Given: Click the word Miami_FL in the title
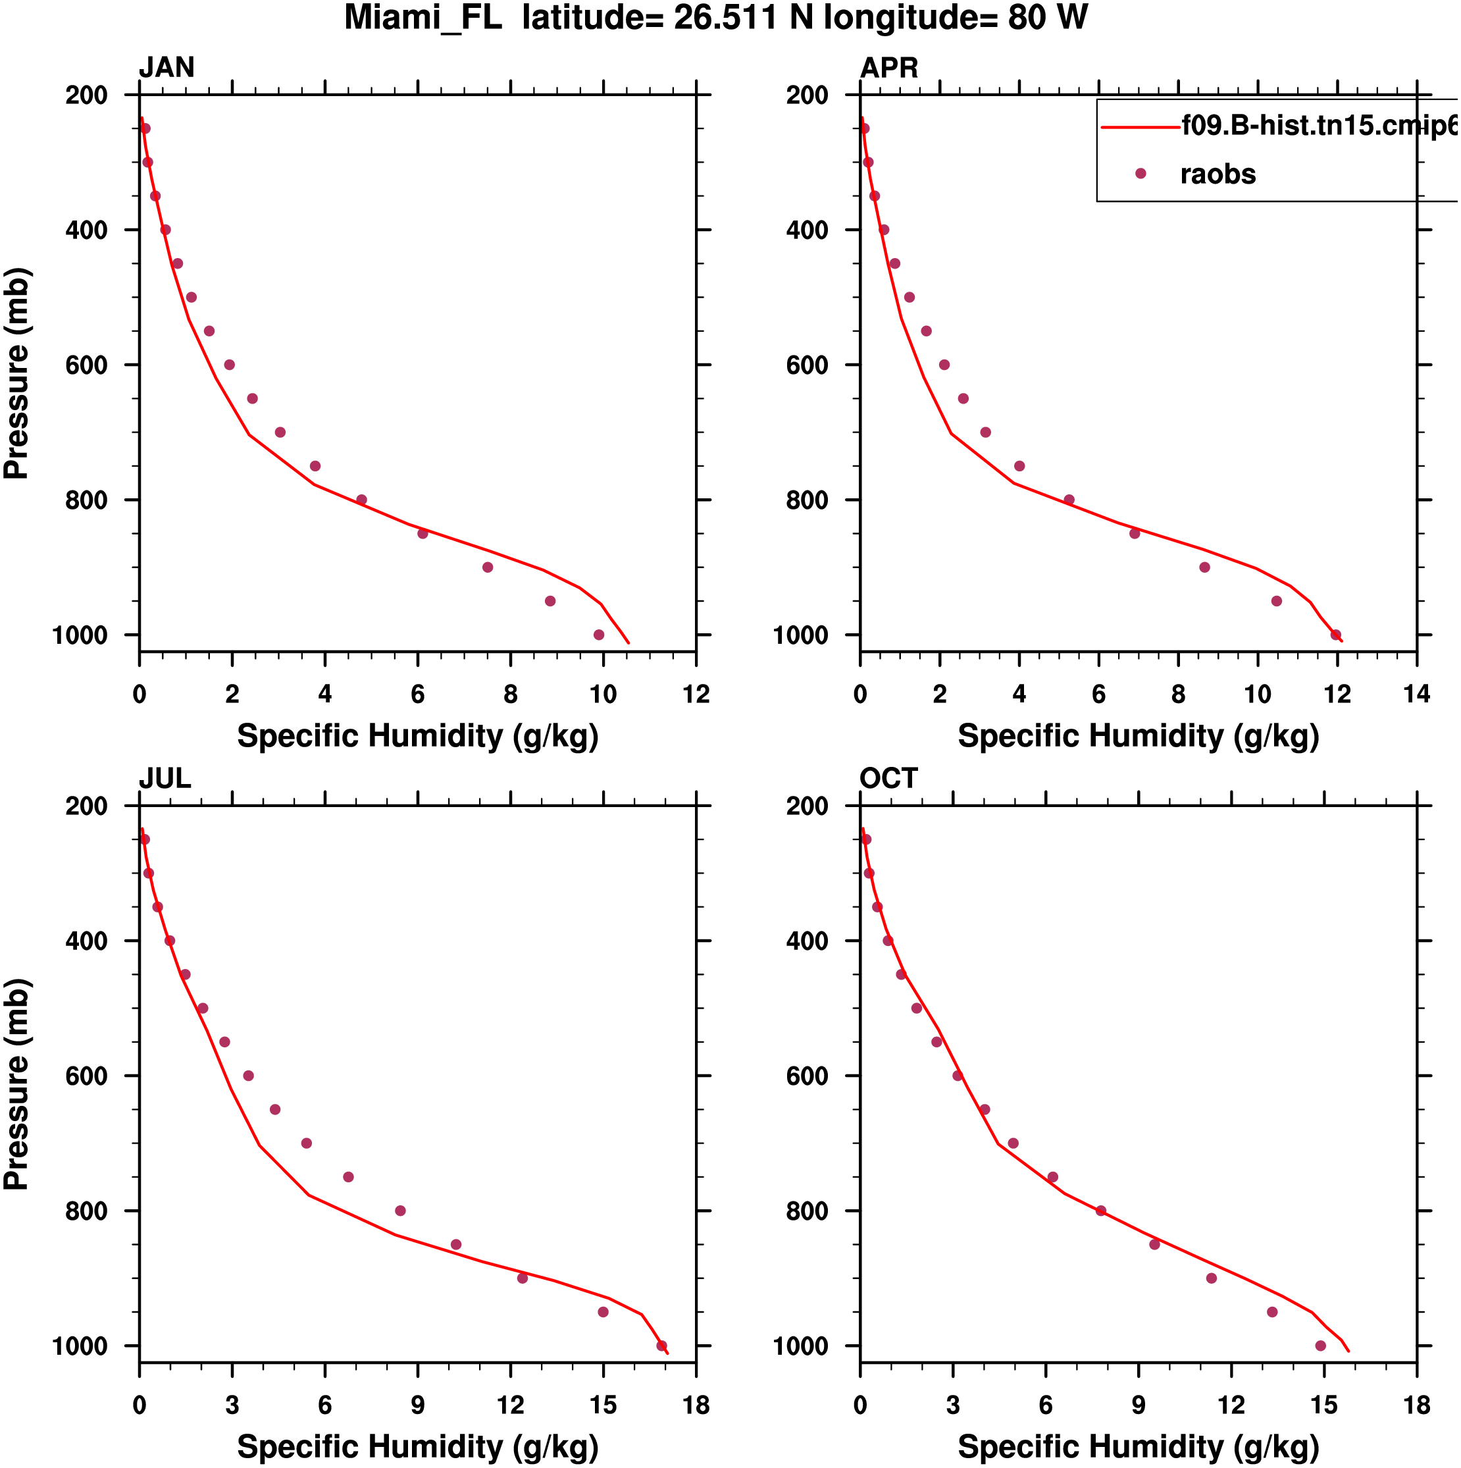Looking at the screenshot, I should [x=423, y=18].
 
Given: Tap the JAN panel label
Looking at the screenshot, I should [x=167, y=68].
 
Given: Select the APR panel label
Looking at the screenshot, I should [x=889, y=68].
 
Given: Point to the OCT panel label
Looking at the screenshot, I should [x=889, y=779].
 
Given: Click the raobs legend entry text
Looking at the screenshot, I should [x=1218, y=174].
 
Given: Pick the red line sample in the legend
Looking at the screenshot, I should [x=1140, y=127].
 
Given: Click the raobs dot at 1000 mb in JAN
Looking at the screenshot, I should [x=599, y=635].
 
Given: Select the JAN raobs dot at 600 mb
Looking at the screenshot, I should [x=230, y=365].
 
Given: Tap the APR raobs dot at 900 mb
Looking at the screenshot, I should [x=1204, y=567].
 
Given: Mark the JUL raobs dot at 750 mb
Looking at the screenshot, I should [x=349, y=1177].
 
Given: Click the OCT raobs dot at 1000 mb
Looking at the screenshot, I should [x=1320, y=1346].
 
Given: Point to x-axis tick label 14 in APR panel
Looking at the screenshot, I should [x=1416, y=695].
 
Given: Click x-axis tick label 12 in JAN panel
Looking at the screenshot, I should [x=696, y=695].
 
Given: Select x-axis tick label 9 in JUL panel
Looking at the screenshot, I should [x=418, y=1405].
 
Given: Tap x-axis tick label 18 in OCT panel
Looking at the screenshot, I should [x=1416, y=1405].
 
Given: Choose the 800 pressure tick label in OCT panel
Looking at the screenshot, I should [x=807, y=1211].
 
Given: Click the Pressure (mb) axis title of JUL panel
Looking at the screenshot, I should [x=16, y=1084].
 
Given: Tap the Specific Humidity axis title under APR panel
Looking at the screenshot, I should [x=1138, y=736].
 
